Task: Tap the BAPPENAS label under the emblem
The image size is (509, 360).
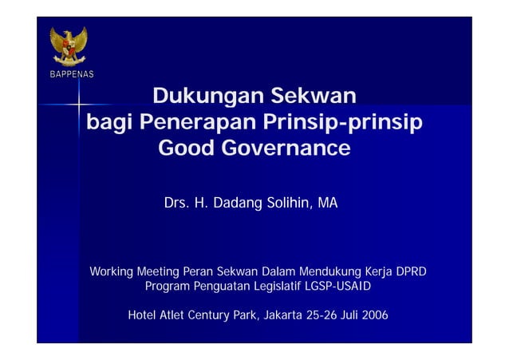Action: click(x=69, y=74)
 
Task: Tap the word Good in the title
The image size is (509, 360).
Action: click(x=187, y=148)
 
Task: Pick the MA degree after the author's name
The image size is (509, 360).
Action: click(x=328, y=204)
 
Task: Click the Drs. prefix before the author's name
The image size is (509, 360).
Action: click(x=177, y=204)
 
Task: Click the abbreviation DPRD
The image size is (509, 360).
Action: click(x=411, y=272)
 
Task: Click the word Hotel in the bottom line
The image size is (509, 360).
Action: click(x=142, y=315)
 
